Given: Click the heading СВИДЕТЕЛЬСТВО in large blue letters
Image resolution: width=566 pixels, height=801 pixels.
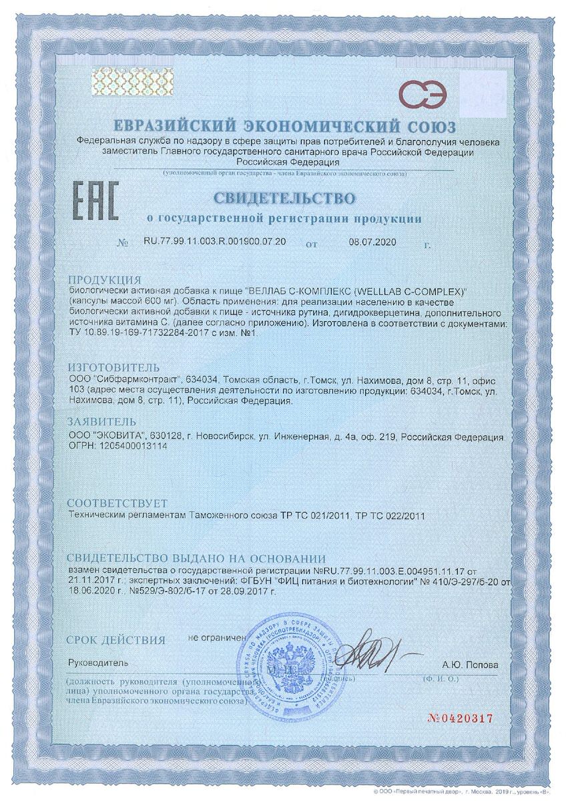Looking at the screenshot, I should [x=284, y=198].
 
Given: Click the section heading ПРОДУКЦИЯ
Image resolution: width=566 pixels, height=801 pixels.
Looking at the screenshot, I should [x=105, y=280].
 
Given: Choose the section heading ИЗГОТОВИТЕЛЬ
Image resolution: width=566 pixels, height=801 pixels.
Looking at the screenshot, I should [x=114, y=368].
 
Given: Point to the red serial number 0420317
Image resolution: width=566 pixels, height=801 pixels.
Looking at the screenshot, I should [x=463, y=718].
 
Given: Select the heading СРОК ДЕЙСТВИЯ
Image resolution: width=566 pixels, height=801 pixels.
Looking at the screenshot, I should [x=116, y=640].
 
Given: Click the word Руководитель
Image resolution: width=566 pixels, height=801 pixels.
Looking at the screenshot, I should [x=97, y=665].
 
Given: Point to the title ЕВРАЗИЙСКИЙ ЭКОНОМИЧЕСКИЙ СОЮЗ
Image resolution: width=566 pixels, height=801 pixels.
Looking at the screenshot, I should [x=283, y=126].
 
